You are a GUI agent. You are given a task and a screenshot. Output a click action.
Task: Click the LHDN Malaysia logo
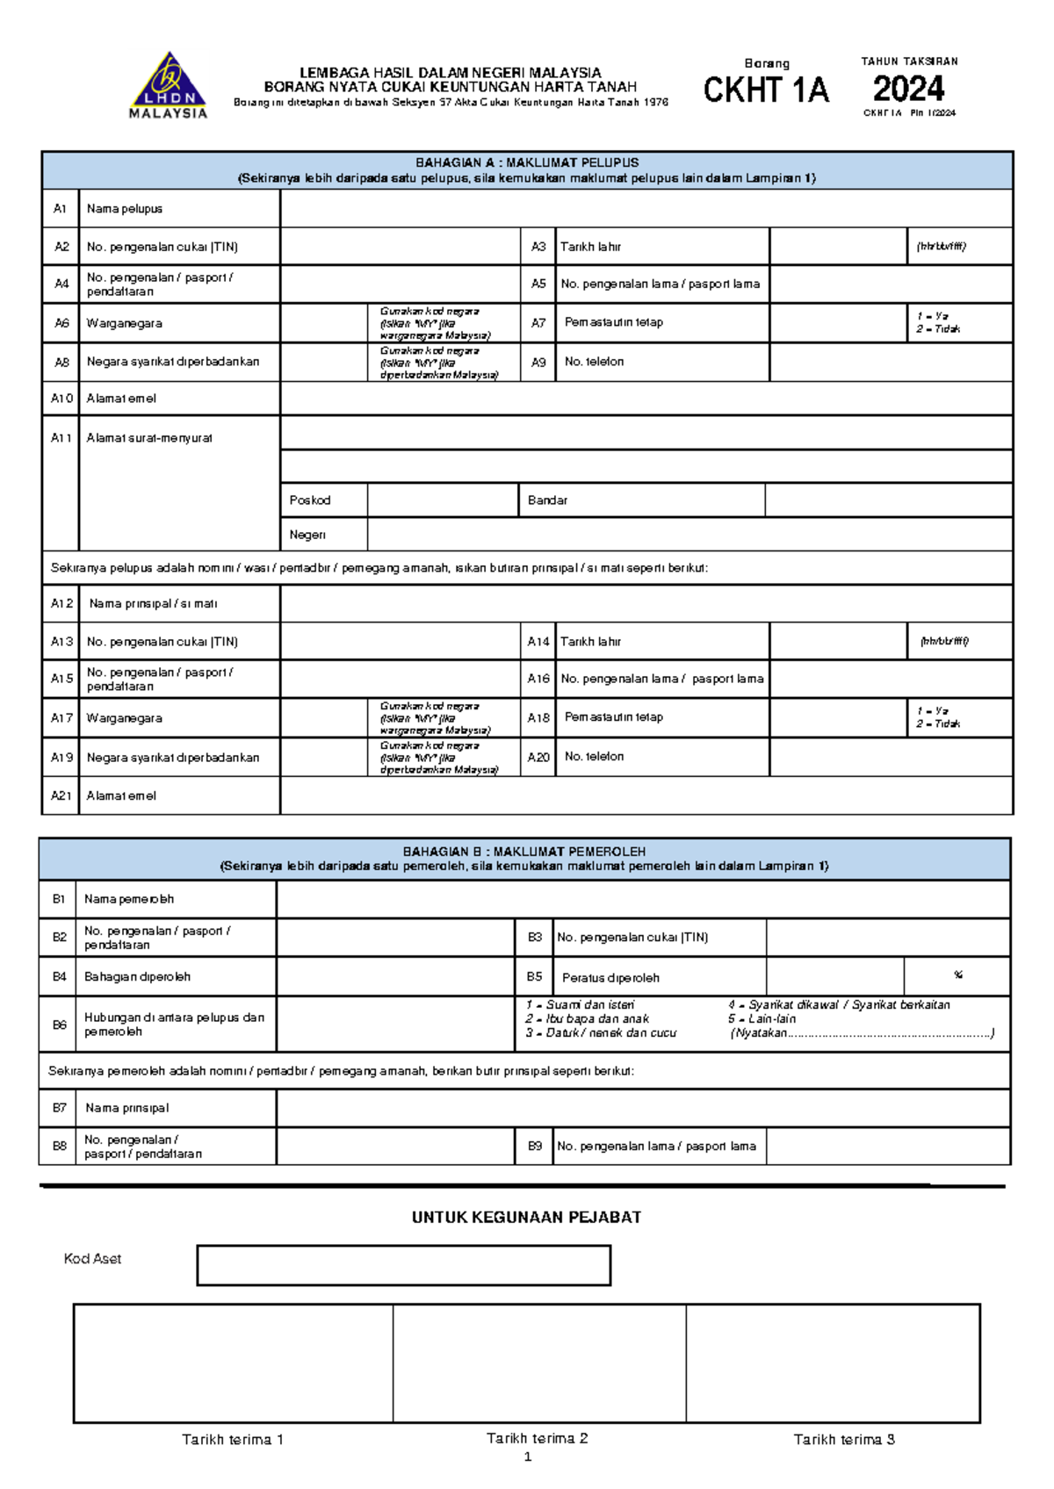(168, 85)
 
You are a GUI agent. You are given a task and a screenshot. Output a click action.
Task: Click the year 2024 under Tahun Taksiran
(908, 89)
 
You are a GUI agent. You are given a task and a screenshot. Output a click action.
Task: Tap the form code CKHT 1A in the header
(766, 90)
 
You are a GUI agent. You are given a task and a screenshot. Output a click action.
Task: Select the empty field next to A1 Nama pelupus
(646, 209)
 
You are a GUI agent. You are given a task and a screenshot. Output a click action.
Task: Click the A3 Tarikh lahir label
(590, 247)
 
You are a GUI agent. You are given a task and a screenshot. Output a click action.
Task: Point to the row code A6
(61, 323)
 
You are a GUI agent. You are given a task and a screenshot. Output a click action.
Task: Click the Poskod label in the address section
(310, 500)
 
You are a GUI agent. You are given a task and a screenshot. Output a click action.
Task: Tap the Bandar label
(547, 500)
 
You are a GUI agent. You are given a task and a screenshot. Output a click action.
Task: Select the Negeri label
(307, 535)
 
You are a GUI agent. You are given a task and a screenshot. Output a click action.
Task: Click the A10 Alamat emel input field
(646, 399)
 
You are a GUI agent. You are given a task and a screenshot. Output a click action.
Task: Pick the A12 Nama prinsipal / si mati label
(153, 604)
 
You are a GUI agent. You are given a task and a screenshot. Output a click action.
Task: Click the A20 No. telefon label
(594, 757)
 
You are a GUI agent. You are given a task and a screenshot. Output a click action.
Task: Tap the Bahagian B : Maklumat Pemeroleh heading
(524, 852)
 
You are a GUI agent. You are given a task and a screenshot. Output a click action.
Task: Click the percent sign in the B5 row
(957, 975)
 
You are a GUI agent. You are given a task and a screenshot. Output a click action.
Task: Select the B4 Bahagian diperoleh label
(137, 976)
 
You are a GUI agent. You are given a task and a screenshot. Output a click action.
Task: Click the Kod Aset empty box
(403, 1265)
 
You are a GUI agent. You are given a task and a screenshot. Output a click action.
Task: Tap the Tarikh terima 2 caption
(537, 1438)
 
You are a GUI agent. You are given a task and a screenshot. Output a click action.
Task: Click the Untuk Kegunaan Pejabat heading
(526, 1218)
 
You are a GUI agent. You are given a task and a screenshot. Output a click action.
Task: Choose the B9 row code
(534, 1146)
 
